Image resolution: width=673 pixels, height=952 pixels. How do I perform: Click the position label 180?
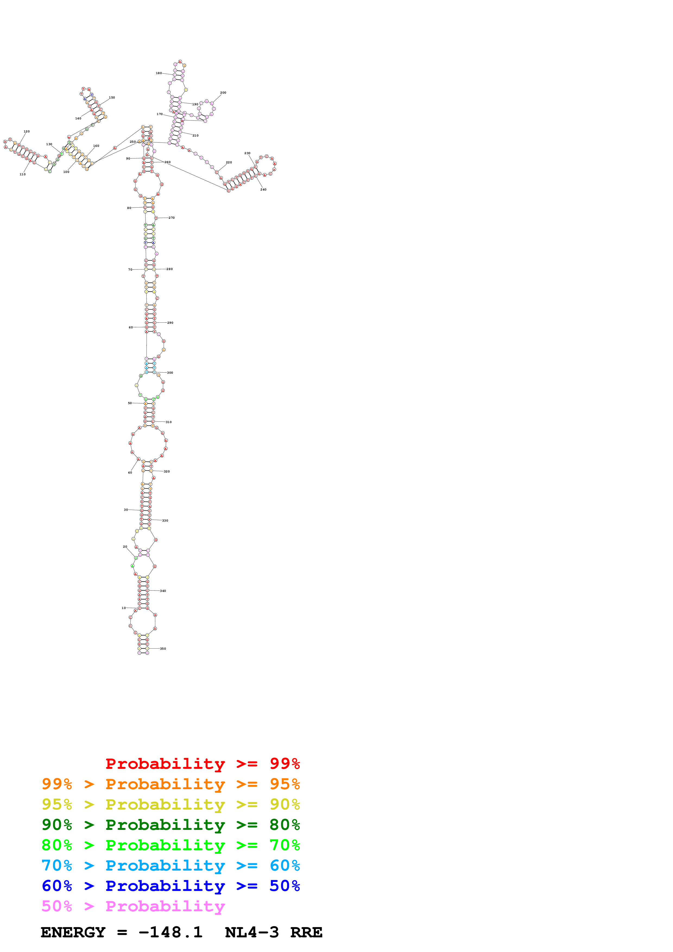tap(159, 73)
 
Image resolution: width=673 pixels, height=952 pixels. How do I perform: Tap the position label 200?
tap(223, 93)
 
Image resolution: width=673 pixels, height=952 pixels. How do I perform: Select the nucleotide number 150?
tap(112, 97)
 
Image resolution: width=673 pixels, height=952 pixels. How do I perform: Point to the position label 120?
tap(27, 131)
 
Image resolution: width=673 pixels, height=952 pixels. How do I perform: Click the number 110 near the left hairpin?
tap(22, 174)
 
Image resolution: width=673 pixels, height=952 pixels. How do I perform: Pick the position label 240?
tap(263, 189)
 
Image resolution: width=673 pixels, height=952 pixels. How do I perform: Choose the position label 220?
tap(229, 163)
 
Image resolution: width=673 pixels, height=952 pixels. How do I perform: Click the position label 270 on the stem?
tap(172, 218)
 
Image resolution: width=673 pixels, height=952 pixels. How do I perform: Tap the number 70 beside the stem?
tap(130, 269)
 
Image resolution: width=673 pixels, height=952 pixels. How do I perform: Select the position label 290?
tap(170, 323)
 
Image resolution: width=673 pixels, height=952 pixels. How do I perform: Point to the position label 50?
tap(130, 403)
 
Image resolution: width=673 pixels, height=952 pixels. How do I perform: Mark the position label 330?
tap(165, 520)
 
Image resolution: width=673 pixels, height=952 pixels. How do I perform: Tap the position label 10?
tap(124, 608)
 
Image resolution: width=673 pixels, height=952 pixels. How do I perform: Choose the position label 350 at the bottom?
tap(163, 649)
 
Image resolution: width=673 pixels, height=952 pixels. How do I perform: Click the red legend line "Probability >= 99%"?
tap(202, 763)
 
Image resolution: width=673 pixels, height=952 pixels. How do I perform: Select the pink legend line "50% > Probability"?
tap(133, 906)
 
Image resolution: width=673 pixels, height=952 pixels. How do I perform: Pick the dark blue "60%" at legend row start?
tap(57, 886)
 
